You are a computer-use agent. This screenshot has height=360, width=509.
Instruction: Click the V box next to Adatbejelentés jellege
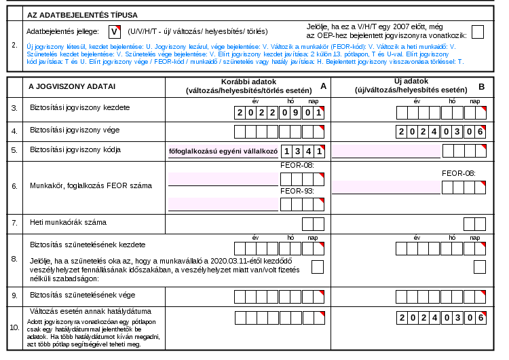click(x=115, y=31)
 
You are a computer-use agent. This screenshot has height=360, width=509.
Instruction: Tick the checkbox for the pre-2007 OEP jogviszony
click(x=478, y=32)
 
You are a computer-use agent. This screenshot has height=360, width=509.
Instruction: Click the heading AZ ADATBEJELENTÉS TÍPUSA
click(x=82, y=15)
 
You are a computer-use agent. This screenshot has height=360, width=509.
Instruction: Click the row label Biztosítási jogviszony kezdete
click(x=80, y=107)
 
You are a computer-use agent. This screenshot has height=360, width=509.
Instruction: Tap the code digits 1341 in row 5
click(x=303, y=151)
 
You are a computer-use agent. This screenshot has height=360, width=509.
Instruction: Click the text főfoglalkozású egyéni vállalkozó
click(x=223, y=151)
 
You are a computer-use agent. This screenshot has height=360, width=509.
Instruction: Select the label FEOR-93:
click(x=297, y=191)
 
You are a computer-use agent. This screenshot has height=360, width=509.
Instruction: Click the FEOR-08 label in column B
click(x=459, y=173)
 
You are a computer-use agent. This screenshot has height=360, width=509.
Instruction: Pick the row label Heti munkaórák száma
click(x=68, y=223)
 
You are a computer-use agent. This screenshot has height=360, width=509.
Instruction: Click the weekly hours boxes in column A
click(x=314, y=224)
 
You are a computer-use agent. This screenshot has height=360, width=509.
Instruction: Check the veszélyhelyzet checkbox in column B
click(x=480, y=267)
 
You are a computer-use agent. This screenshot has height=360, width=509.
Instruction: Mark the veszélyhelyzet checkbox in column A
click(x=318, y=267)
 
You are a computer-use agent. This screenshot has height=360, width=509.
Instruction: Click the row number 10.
click(x=15, y=327)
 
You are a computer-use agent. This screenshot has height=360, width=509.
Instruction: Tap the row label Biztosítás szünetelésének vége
click(x=82, y=295)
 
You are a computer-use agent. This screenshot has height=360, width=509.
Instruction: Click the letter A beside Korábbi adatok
click(x=323, y=86)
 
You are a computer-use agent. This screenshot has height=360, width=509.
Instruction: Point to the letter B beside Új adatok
click(x=482, y=87)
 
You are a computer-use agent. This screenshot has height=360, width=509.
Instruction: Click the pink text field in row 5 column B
click(x=386, y=151)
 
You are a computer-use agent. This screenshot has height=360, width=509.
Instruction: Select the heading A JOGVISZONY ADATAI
click(x=72, y=86)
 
